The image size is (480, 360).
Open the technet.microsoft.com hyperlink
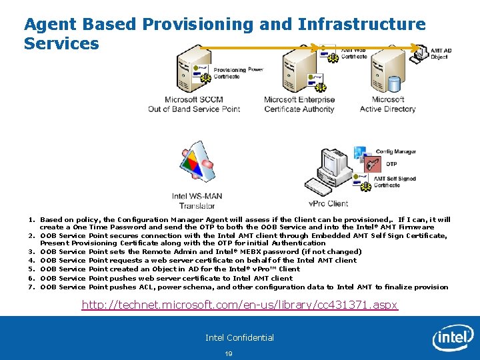tap(239, 305)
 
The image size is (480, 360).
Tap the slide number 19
tap(229, 353)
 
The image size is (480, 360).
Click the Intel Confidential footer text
tap(239, 337)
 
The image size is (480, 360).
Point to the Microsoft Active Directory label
tap(387, 105)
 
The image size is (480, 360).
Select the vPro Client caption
tap(328, 203)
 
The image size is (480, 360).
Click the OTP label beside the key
tap(391, 164)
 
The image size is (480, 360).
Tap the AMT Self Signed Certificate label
tap(396, 181)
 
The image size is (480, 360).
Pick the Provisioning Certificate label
tap(231, 73)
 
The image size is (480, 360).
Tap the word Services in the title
tap(61, 44)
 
